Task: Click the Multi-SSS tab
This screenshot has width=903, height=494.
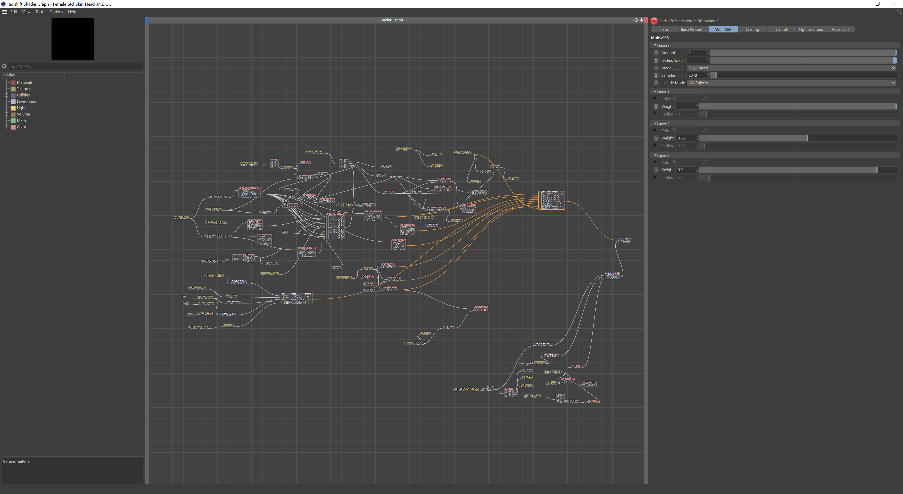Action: [723, 29]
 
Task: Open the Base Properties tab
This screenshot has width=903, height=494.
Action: [693, 29]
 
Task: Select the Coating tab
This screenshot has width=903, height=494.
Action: [752, 29]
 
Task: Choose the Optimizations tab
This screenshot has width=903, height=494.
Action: [810, 29]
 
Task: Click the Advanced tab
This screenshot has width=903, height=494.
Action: [840, 29]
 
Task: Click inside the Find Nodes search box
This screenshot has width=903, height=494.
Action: [75, 67]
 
